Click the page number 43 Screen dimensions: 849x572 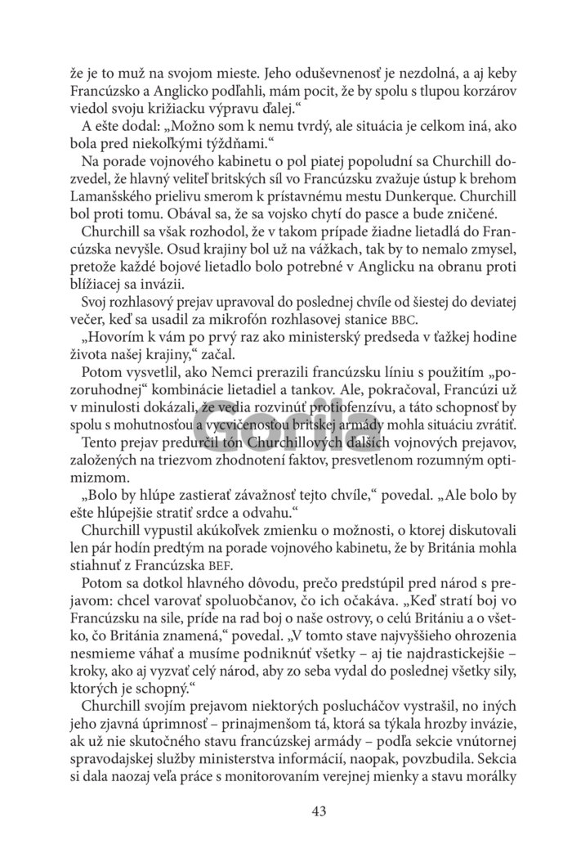pos(320,811)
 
